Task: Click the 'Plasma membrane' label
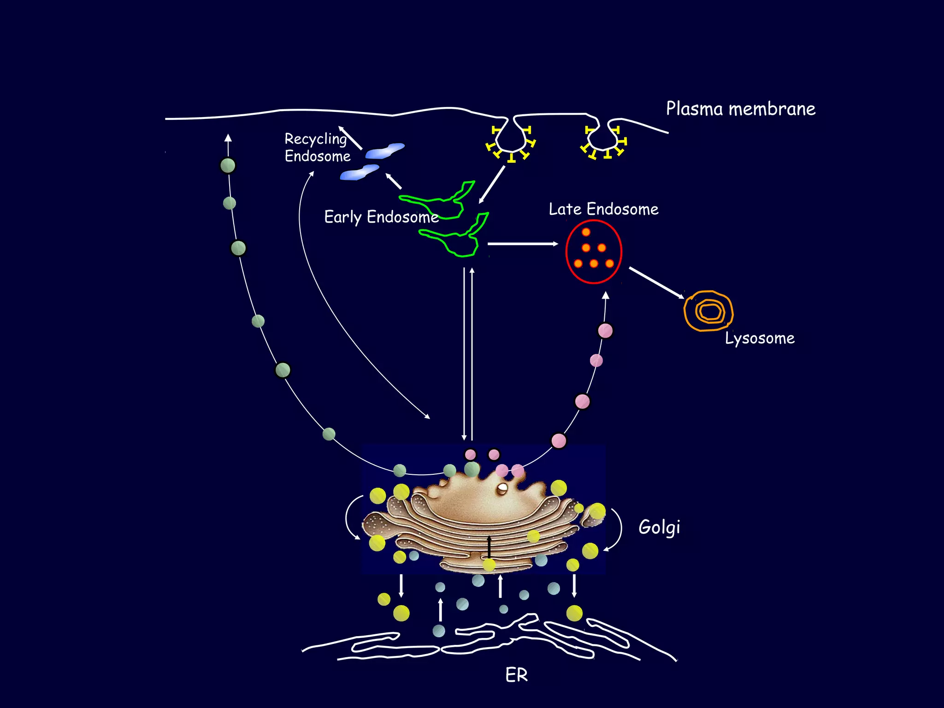pos(740,109)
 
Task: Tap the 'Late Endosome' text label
pos(603,209)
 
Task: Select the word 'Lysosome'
pos(760,338)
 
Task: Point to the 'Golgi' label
pos(659,527)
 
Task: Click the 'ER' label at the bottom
pos(516,675)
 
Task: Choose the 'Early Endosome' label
pos(381,217)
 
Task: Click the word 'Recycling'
pos(316,139)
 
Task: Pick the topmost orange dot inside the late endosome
pos(586,232)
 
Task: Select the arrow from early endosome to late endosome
pos(523,243)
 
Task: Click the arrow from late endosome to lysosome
pos(656,283)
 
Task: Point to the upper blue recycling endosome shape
pos(385,151)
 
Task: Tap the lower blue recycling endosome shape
pos(360,172)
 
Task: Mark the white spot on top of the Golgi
pos(502,488)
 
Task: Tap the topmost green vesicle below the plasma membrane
pos(228,165)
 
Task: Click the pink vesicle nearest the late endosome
pos(605,330)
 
